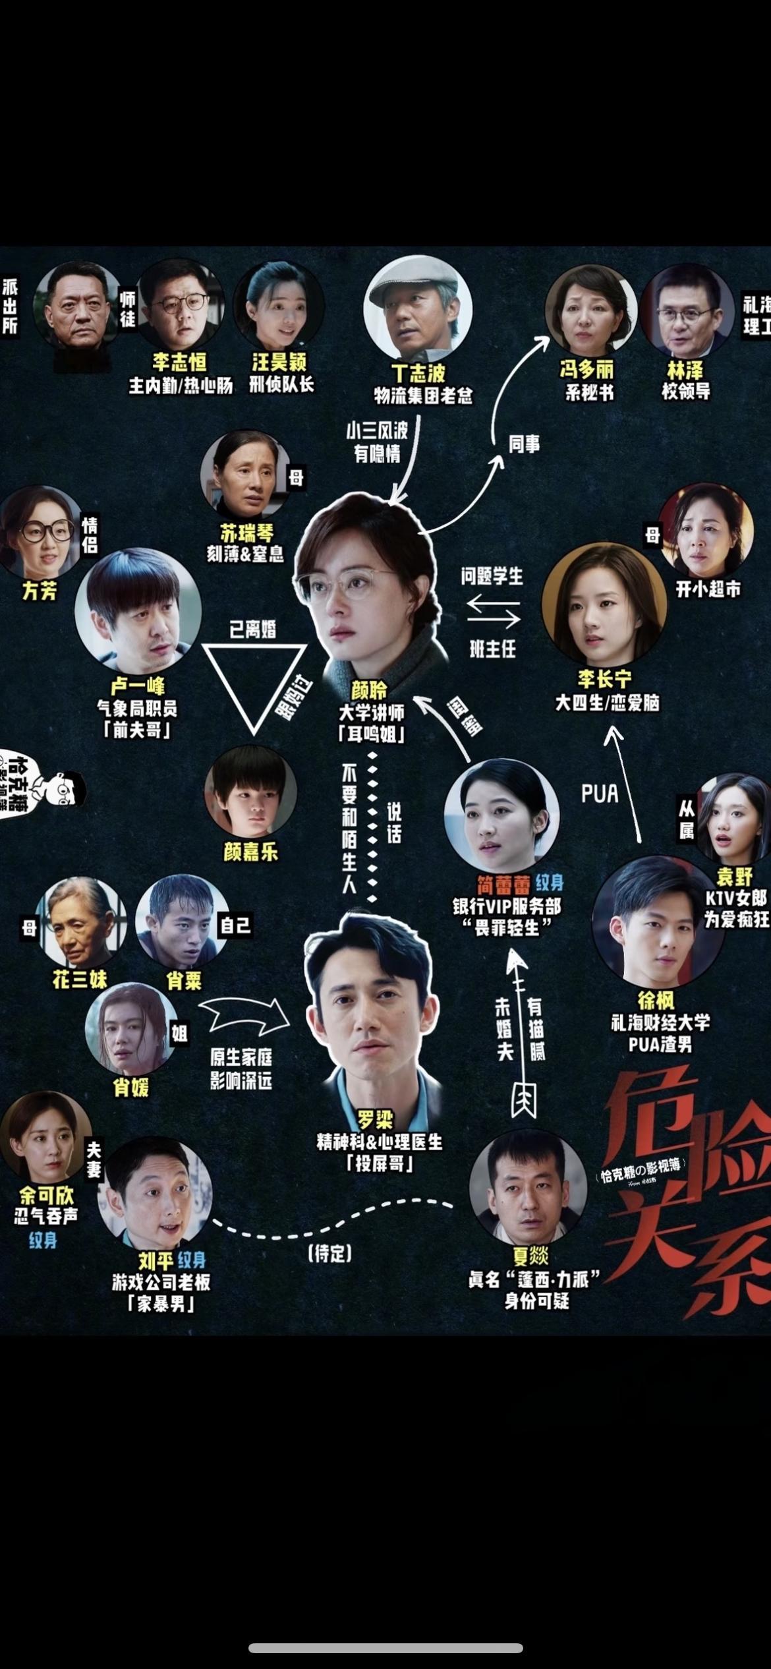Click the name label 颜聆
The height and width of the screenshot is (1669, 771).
click(370, 691)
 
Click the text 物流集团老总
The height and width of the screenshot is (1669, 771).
click(423, 396)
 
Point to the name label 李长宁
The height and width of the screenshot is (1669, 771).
click(604, 679)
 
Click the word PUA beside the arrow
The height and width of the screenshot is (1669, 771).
click(600, 794)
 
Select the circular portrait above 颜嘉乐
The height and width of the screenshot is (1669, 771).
click(250, 792)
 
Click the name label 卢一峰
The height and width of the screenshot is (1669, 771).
click(137, 686)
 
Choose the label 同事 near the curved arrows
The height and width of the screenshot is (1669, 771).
click(524, 444)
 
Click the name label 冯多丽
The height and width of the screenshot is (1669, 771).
click(586, 369)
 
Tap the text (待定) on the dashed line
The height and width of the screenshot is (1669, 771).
click(329, 1253)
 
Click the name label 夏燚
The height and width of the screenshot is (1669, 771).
click(530, 1256)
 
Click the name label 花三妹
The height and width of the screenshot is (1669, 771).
click(80, 980)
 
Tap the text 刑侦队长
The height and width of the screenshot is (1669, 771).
click(281, 384)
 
